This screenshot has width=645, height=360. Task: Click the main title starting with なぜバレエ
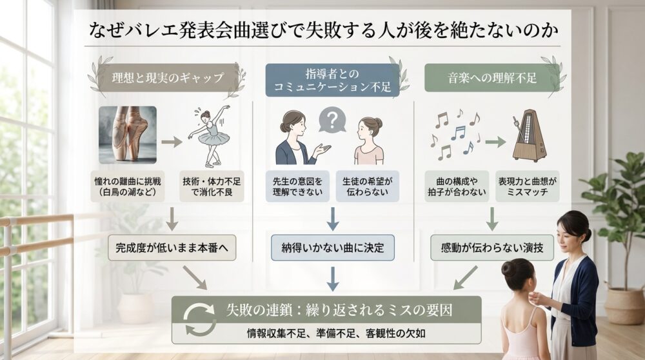pos(322,30)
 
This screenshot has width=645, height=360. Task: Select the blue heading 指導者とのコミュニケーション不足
pos(332,80)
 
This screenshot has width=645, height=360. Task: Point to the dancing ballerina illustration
pos(210,135)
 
